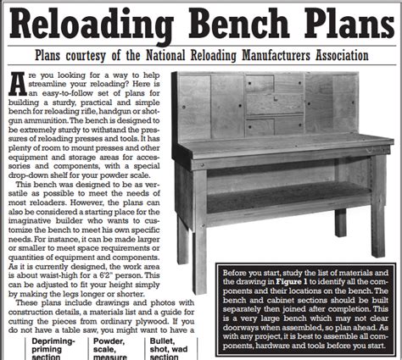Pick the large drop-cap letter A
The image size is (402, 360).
[x=19, y=84]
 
